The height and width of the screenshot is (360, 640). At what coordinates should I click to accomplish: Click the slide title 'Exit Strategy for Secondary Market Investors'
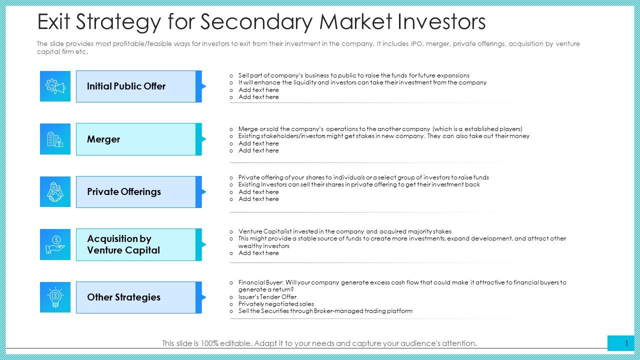coord(261,22)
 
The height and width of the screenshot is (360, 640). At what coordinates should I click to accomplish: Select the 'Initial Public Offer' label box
coord(135,86)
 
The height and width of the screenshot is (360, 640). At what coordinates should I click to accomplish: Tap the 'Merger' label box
coord(135,139)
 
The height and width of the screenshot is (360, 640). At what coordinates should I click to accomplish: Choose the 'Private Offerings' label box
coord(135,192)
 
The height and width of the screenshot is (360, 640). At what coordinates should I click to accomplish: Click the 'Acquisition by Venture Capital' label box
coord(135,245)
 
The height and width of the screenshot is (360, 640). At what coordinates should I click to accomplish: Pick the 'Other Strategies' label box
coord(135,297)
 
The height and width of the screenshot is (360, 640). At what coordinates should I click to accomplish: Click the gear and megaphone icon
coord(55,86)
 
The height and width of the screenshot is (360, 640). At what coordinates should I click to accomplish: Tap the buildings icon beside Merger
coord(55,139)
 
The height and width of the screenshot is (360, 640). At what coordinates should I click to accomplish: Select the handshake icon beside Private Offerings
coord(55,192)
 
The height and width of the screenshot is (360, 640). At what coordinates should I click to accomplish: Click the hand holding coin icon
coord(55,245)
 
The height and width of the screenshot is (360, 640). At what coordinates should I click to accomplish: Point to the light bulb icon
coord(55,297)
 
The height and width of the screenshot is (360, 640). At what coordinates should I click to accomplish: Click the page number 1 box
coord(620,343)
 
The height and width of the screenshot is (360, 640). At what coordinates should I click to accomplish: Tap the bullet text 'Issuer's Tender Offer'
coord(267,296)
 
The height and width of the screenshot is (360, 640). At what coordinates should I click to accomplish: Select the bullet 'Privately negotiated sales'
coord(276,303)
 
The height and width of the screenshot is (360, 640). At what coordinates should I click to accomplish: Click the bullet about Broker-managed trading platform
coord(325,311)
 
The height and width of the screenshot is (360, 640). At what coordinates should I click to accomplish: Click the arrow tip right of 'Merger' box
coord(203,139)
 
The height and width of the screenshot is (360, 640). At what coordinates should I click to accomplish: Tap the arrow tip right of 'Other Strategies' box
coord(203,297)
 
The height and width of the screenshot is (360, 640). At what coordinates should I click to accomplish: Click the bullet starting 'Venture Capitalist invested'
coord(344,231)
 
